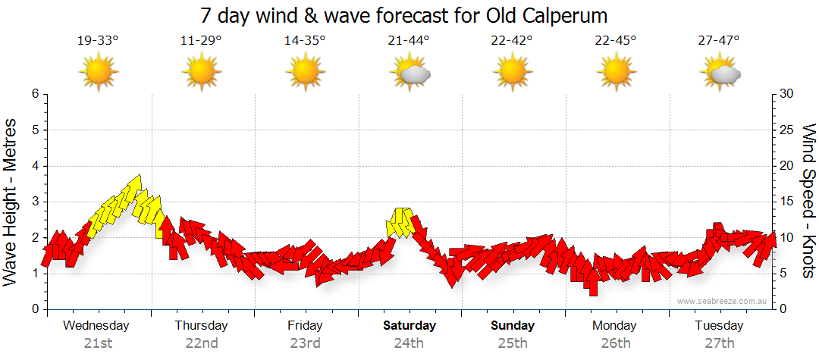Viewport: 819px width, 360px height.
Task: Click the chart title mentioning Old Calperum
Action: coord(404,16)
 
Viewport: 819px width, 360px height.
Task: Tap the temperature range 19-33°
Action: coord(98,40)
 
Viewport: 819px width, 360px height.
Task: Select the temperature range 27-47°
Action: coord(719,40)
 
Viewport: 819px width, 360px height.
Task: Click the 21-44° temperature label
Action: coord(408,40)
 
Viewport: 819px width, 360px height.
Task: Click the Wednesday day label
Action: coord(96,326)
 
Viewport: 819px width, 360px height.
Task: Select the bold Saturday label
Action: coord(409,326)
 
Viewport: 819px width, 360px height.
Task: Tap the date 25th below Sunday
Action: coord(513,343)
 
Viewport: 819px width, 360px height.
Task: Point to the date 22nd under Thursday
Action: coord(202,343)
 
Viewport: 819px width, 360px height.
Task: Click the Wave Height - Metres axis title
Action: coord(12,202)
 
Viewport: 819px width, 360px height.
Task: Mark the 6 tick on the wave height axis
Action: coord(35,94)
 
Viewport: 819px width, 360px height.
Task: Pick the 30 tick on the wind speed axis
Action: coord(787,94)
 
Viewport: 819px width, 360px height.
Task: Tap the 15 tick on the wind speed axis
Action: coord(786,202)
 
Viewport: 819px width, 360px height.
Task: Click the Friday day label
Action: coord(305,326)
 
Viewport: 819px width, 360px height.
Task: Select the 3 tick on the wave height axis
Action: coord(35,202)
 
